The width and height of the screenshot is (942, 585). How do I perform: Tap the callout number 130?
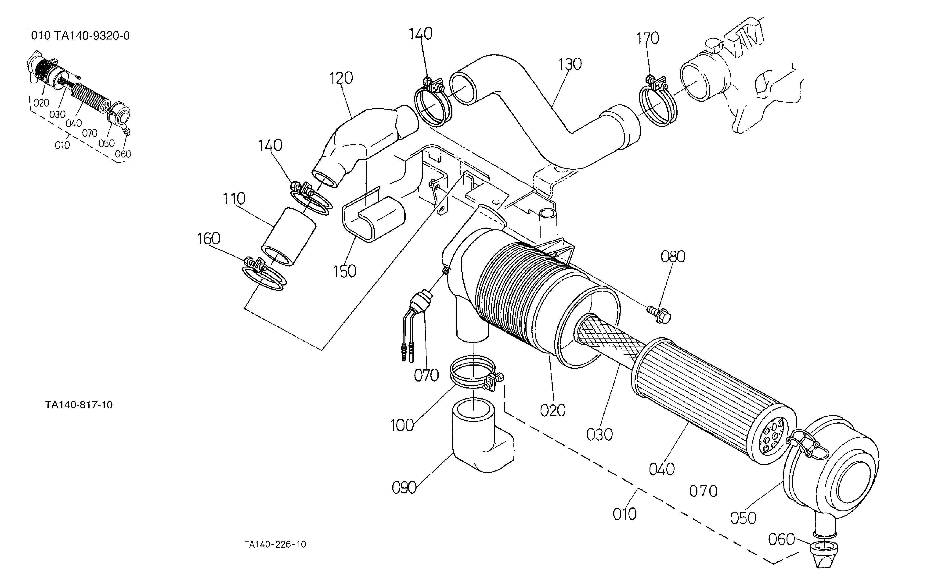point(570,64)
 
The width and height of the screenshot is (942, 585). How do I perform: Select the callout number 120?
point(341,78)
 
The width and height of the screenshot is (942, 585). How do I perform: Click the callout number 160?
point(209,239)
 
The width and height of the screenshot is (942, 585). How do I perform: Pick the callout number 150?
point(345,272)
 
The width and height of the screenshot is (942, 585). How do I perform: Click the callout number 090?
point(404,488)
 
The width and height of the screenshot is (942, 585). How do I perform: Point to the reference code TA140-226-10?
point(275,544)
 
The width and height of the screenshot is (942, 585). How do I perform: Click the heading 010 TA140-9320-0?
point(80,36)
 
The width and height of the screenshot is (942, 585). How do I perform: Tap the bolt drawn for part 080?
point(659,314)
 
